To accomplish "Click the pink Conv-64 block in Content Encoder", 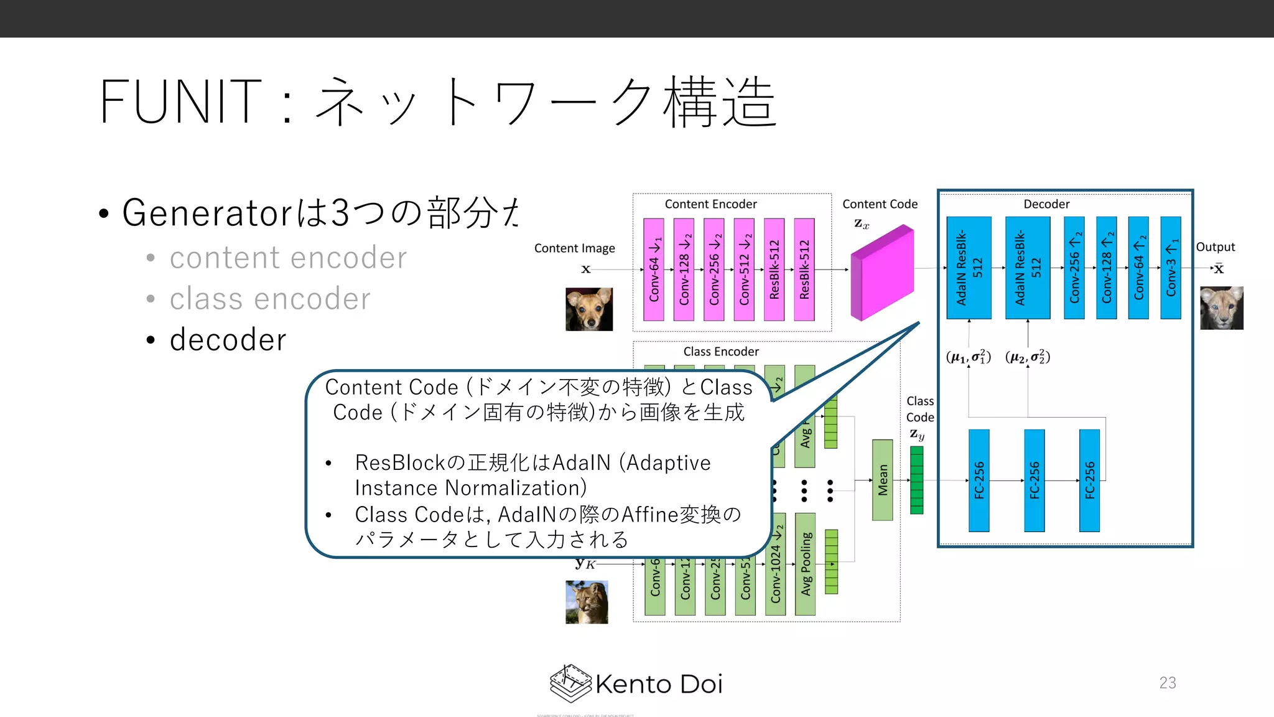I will (x=653, y=269).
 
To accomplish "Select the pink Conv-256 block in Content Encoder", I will (x=714, y=269).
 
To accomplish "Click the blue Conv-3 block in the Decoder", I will (x=1171, y=268).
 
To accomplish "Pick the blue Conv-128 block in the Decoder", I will (x=1106, y=268).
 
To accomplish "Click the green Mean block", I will (x=882, y=480).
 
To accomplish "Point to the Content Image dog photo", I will (x=588, y=309).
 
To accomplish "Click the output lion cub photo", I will (x=1221, y=307).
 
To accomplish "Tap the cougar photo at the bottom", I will (x=586, y=602).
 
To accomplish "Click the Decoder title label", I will (x=1046, y=204).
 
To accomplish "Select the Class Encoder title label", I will (x=720, y=352).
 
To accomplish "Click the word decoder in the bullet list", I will (x=228, y=340).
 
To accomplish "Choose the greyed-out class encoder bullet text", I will (x=269, y=299).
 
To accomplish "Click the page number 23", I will (x=1167, y=683).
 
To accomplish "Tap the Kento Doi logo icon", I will (x=570, y=683).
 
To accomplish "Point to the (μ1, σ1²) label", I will (x=968, y=357).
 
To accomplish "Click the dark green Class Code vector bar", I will (x=916, y=480).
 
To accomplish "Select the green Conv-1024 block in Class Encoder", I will (x=775, y=564).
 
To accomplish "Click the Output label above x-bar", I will (x=1215, y=247).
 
